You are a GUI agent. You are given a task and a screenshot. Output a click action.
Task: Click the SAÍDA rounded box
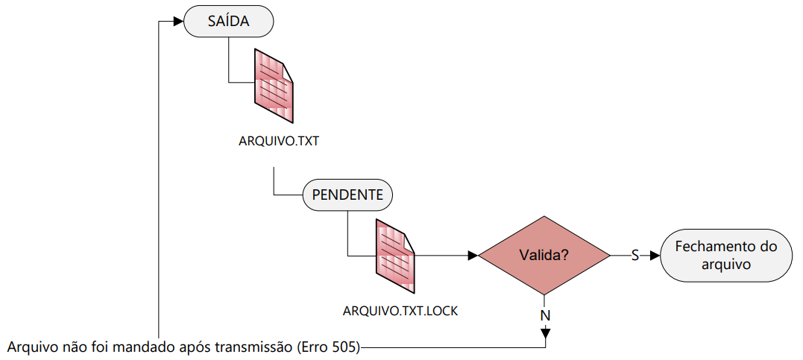pos(228,21)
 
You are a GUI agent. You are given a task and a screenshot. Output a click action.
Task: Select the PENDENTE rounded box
pos(347,195)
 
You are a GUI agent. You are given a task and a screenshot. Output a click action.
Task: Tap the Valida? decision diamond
pos(544,255)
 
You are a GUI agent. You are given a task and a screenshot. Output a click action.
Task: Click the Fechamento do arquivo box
pos(726,255)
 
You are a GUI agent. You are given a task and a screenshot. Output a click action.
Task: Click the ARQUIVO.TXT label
pos(279,142)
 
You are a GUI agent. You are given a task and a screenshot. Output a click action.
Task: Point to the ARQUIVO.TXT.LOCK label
pos(400,311)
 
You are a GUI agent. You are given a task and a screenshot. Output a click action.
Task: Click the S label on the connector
pos(635,255)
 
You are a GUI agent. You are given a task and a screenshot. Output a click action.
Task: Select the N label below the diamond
pos(545,315)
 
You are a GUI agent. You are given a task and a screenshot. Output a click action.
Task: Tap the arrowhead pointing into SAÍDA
pos(178,22)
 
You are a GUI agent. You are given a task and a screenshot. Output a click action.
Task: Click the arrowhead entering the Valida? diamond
pos(473,255)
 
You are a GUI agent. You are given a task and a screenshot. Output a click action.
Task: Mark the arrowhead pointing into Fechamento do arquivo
pos(655,255)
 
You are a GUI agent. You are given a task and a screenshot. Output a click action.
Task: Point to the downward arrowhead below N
pos(545,333)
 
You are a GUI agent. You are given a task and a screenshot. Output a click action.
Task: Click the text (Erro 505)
pos(328,348)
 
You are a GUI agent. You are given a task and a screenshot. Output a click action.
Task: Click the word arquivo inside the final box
pos(726,265)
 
